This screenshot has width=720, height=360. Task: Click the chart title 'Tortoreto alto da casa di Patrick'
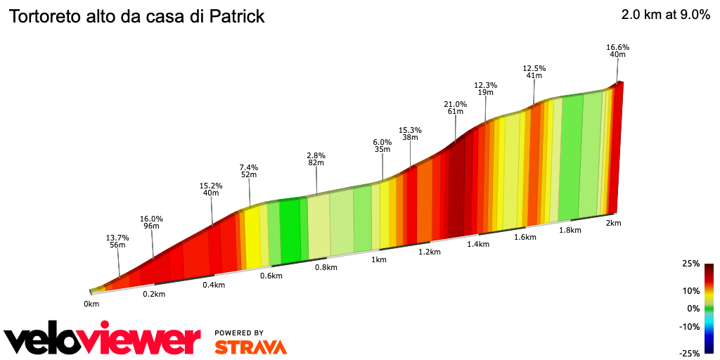coord(136,17)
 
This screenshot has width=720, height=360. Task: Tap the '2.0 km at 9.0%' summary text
coord(665,15)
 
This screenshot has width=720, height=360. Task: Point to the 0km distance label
coord(91,304)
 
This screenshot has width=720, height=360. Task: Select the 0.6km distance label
coord(271,276)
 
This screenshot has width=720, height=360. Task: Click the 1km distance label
coord(379,259)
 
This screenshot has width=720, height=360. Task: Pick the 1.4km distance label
coord(477,244)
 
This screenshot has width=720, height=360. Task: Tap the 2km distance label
coord(613,223)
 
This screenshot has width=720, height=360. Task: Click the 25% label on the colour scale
coord(690,264)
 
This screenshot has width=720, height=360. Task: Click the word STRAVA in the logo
coord(250,347)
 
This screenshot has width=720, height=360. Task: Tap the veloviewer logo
coord(102,340)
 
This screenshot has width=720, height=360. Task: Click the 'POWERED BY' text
coord(239,333)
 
